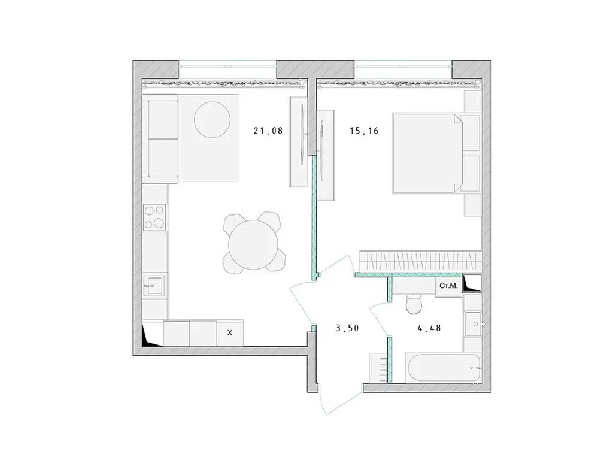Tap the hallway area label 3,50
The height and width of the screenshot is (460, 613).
(x=347, y=328)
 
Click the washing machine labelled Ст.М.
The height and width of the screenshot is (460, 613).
(x=448, y=286)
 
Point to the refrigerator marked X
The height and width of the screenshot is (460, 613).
(x=229, y=332)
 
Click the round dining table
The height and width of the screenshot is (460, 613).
(x=252, y=243)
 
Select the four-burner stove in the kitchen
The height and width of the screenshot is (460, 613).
(x=155, y=217)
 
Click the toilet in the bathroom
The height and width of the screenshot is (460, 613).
(x=413, y=305)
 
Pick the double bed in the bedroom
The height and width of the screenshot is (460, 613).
(x=428, y=153)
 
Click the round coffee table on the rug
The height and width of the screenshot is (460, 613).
(x=212, y=118)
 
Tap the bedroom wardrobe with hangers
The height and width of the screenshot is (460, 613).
(x=420, y=261)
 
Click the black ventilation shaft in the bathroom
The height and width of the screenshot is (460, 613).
(x=472, y=283)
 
